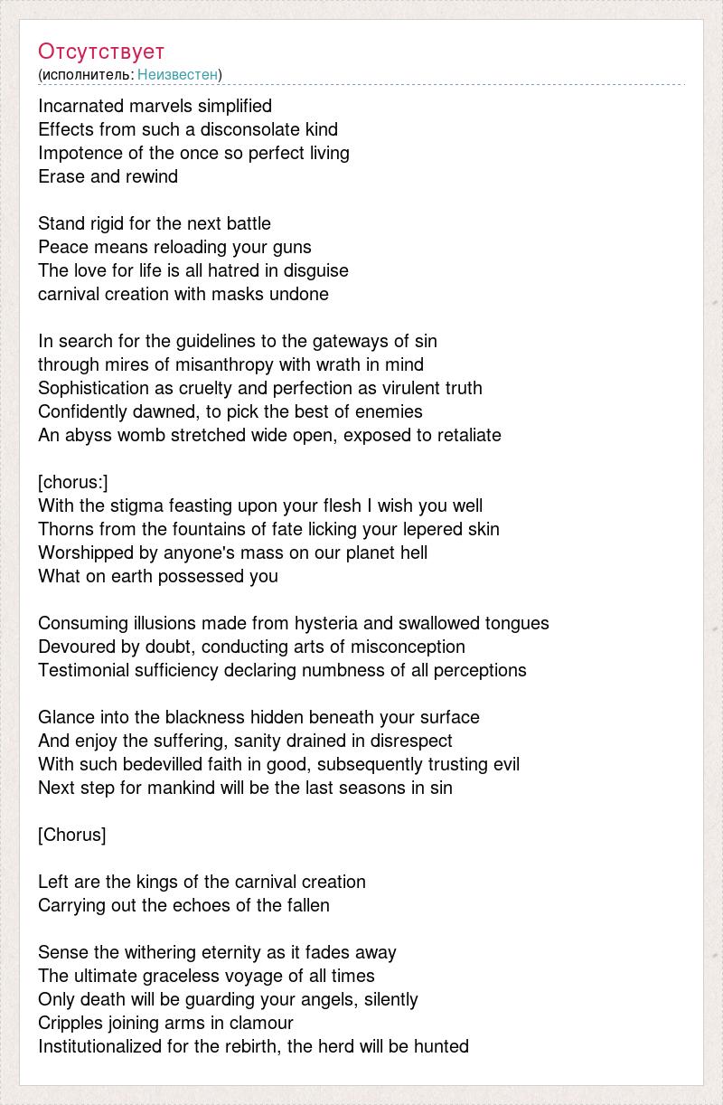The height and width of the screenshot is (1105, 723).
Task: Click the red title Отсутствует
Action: pos(101,51)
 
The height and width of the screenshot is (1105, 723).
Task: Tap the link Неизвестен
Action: pos(178,74)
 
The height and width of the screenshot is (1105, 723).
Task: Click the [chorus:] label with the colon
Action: pos(73,482)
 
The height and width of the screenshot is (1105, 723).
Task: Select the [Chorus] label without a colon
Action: pos(72,835)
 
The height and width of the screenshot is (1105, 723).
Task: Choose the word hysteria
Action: pos(324,623)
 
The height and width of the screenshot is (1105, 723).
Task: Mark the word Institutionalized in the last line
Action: pos(100,1046)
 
